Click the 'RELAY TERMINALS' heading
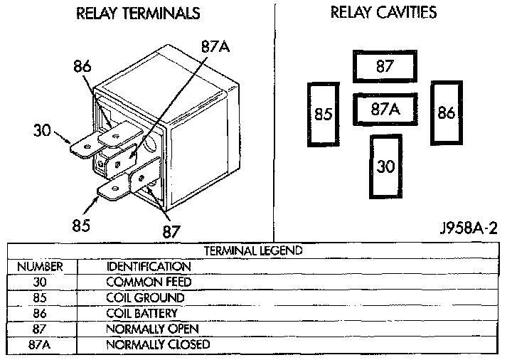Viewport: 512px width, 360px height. pos(137,14)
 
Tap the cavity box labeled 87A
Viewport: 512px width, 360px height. pos(385,110)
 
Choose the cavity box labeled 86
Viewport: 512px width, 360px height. pos(447,113)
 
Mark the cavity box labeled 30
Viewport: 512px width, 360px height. pos(385,166)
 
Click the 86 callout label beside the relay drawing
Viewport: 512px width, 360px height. pos(83,67)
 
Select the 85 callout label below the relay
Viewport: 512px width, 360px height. pos(80,226)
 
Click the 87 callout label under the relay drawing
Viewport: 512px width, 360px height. pos(171,231)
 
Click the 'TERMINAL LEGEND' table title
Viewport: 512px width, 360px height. pos(253,250)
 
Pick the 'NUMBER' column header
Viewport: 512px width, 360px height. pos(40,266)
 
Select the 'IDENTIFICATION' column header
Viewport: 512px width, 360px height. pos(148,266)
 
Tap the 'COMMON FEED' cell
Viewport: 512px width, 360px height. pos(148,282)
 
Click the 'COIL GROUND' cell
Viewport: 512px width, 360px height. pos(144,297)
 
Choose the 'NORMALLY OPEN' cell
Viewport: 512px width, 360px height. pos(152,329)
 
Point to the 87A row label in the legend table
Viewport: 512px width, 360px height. pos(40,345)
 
